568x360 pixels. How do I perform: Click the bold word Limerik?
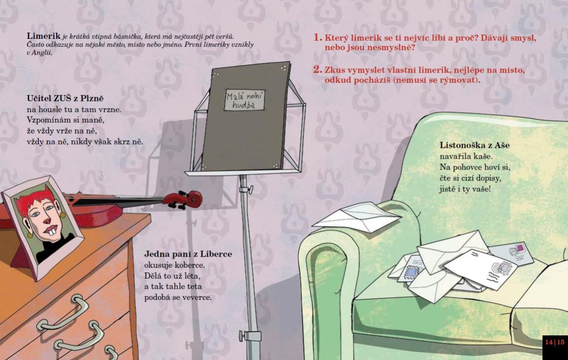pos(44,36)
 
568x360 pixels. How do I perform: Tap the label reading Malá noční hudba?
pos(245,100)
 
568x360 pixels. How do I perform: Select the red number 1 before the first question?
pos(318,37)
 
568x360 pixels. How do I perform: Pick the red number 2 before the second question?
pos(318,70)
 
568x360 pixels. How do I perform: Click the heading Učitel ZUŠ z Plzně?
pos(65,99)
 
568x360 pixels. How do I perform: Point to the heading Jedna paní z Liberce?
pos(188,254)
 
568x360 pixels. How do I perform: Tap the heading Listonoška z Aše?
pos(474,145)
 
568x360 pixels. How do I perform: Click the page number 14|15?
pos(555,342)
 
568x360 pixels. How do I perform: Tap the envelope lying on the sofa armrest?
pos(356,216)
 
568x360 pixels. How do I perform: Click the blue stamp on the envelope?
pos(411,272)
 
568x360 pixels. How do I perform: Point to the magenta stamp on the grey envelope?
pos(520,248)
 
